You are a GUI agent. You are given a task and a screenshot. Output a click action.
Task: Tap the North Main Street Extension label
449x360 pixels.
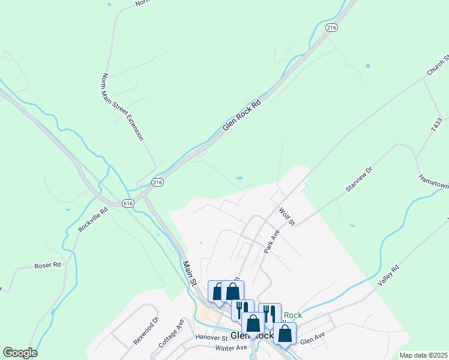(122, 107)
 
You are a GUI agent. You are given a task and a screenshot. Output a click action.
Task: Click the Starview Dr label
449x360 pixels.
(359, 179)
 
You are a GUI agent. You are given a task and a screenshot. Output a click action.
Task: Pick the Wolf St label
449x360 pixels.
(288, 216)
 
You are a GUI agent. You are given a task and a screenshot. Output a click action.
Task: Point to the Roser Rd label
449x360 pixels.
(48, 265)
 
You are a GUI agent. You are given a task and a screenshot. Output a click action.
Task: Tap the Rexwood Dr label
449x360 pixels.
(146, 331)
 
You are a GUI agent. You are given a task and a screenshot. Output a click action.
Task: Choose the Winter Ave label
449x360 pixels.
(231, 348)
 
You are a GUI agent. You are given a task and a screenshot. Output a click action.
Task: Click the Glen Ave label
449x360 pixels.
(312, 341)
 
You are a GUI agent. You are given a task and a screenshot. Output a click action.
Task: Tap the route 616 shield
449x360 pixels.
(128, 203)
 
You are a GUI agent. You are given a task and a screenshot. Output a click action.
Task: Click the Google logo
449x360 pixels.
(20, 353)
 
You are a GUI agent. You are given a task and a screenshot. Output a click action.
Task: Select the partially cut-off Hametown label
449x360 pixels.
(433, 181)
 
